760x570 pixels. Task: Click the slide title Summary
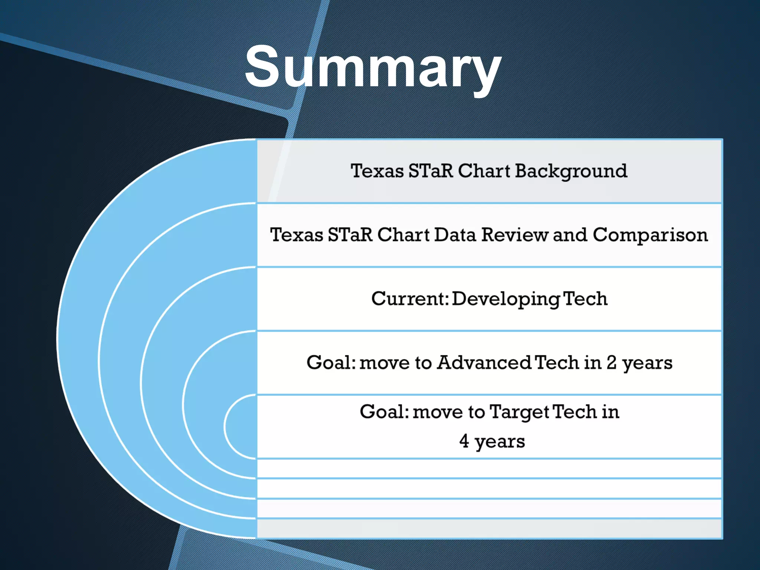tap(373, 69)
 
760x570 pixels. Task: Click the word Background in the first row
tap(571, 172)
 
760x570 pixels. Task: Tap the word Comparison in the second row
tap(650, 235)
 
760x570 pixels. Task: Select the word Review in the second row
tap(515, 235)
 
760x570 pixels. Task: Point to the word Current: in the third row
tap(410, 299)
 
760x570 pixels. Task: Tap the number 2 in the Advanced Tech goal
tap(612, 363)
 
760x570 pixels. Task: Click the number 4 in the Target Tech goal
tap(464, 441)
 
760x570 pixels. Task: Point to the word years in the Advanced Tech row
tap(647, 364)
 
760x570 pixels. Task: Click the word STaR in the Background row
tap(431, 171)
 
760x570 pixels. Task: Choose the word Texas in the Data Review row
tap(297, 235)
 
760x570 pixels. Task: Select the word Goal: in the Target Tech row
tap(384, 412)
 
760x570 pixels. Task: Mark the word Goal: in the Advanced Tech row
tap(331, 363)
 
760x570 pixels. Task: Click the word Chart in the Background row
tap(484, 171)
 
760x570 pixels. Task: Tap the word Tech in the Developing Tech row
tap(585, 299)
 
